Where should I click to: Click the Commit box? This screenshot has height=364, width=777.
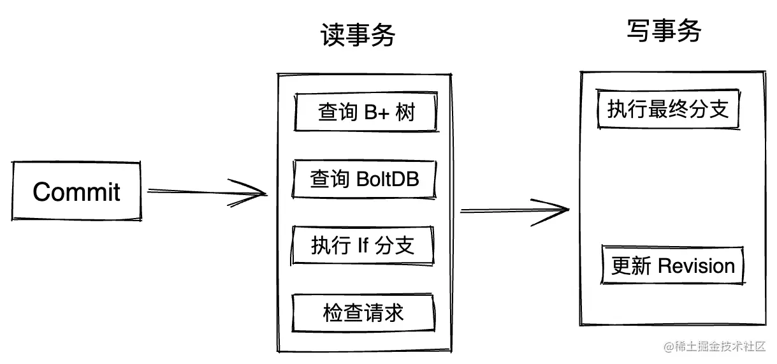pos(76,192)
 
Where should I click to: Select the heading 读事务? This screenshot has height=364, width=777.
pos(358,36)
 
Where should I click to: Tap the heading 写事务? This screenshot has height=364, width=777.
pos(664,31)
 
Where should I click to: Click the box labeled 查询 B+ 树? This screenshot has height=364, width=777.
pos(366,113)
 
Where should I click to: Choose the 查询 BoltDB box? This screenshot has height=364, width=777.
pos(365,179)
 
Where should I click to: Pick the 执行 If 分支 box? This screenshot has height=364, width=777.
pos(363,245)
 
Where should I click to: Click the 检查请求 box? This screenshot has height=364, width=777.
pos(363,314)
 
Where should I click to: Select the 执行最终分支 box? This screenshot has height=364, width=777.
pos(668,110)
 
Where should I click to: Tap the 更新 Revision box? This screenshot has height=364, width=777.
pos(673,266)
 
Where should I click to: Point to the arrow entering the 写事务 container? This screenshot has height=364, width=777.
pos(514,210)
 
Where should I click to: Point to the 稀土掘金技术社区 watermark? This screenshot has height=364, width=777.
pos(714,347)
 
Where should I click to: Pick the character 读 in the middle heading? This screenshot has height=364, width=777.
pos(332,36)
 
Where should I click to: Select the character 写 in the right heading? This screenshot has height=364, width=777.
pos(638,31)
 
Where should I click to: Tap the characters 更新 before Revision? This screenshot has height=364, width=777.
pos(631,266)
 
